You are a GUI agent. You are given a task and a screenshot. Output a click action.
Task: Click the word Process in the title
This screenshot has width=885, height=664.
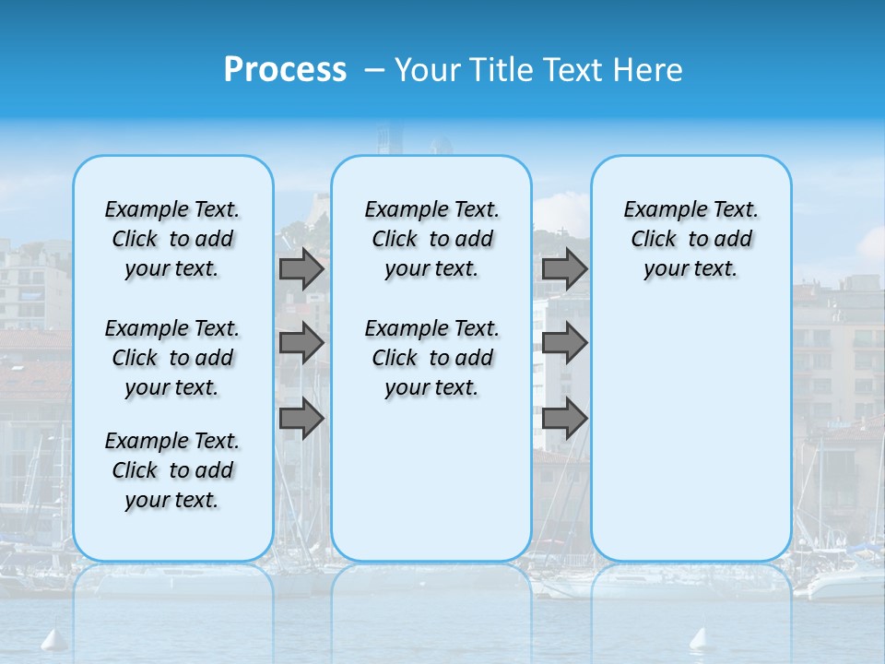point(285,70)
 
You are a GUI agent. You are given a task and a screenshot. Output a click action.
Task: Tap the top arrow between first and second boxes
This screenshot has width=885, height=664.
point(301,268)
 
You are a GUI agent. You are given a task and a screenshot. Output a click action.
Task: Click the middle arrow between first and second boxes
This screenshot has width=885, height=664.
point(301,343)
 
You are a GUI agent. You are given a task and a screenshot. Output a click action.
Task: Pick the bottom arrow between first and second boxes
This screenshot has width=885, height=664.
point(301,418)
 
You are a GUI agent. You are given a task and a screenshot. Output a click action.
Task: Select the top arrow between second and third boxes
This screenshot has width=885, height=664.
point(564,268)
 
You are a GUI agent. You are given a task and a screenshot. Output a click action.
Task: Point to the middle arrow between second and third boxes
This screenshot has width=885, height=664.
point(564,343)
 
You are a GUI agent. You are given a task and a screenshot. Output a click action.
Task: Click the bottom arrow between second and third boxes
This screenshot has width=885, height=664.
point(564,418)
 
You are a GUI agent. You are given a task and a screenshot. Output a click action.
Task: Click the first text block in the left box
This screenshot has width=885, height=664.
point(172,239)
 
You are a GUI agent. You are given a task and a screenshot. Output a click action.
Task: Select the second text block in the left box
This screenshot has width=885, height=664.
point(172,358)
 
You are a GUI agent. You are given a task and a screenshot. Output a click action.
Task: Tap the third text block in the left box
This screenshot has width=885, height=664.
point(172,470)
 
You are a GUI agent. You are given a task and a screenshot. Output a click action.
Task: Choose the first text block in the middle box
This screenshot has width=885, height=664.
point(431,239)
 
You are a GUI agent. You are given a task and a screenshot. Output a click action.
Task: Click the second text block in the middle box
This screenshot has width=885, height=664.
point(431,358)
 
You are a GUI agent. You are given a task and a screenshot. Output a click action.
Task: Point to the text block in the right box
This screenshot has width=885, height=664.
point(690,239)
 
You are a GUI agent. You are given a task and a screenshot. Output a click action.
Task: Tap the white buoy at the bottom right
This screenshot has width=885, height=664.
point(700,639)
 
